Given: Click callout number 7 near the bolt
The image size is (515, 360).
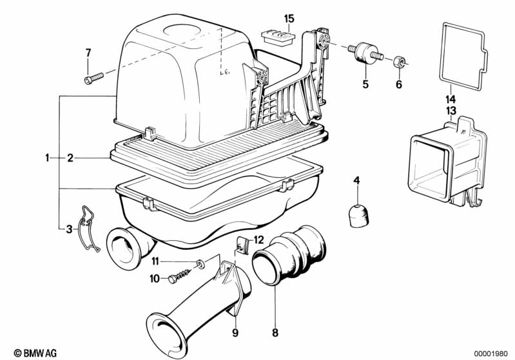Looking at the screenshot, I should [88, 52].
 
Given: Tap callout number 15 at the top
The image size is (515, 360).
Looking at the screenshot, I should [288, 17].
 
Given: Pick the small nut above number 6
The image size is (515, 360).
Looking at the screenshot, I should [399, 62].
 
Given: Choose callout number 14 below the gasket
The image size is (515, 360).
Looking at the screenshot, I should [450, 99].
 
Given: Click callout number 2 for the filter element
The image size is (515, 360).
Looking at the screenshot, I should [88, 156].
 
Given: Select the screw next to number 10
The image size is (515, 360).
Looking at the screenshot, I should [184, 277].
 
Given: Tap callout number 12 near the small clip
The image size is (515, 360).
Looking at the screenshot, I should [258, 240].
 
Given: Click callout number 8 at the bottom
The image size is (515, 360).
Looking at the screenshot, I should [275, 333].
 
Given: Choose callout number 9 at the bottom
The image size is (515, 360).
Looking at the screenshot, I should [236, 333].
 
